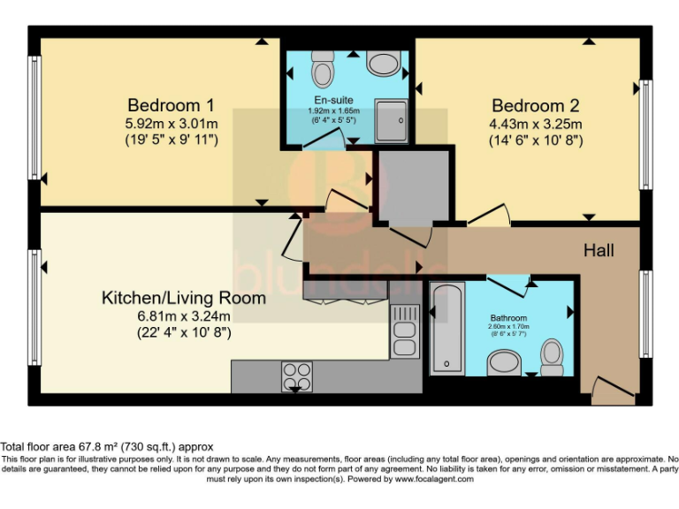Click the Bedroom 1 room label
tap(172, 103)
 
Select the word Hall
tap(599, 251)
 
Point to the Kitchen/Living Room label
tap(183, 298)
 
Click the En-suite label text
tap(328, 100)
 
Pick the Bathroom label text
tap(508, 317)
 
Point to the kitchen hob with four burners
tap(298, 376)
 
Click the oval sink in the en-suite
tap(383, 63)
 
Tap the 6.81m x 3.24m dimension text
tap(183, 315)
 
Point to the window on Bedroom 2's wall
tap(646, 133)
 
